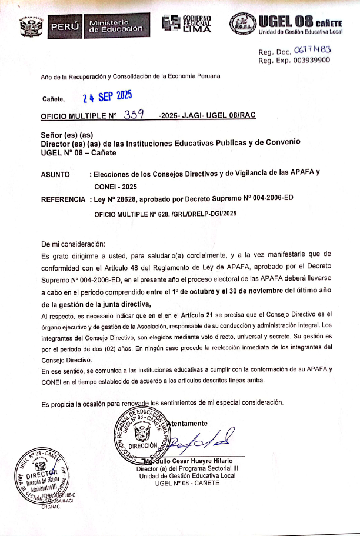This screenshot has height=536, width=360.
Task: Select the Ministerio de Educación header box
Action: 115,25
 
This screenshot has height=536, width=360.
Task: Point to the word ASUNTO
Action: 55,174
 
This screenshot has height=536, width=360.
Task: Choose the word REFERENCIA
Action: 63,199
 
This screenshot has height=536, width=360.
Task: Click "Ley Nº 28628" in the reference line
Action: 119,199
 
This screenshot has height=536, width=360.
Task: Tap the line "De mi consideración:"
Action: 73,243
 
